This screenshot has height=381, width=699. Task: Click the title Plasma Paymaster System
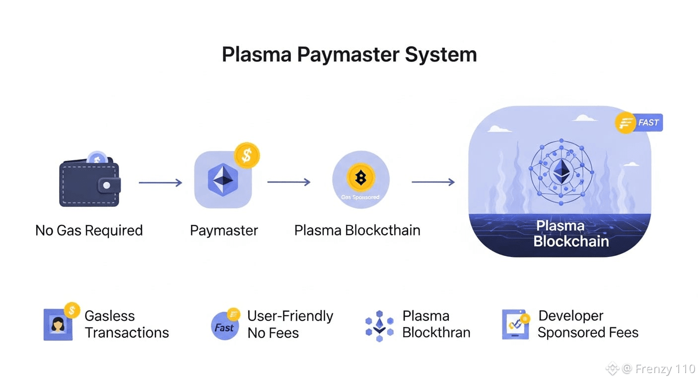[349, 55]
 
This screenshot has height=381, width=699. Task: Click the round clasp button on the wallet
[106, 186]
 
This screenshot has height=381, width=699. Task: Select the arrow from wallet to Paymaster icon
[160, 183]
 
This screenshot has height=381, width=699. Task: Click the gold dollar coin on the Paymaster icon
[246, 155]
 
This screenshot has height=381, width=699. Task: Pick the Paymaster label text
[224, 231]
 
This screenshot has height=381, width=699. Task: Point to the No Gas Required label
[89, 231]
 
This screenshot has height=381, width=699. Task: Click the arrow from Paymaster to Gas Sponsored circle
[288, 183]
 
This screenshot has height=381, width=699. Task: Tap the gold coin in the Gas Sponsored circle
[361, 177]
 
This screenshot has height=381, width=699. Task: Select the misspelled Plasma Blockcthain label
[357, 231]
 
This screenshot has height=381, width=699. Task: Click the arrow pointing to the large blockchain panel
[433, 183]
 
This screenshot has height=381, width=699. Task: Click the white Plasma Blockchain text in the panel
[570, 234]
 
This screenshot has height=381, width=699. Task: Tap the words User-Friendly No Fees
[290, 324]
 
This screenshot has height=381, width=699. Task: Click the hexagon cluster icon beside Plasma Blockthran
[379, 326]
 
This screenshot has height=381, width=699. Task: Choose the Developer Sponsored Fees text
[588, 324]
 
